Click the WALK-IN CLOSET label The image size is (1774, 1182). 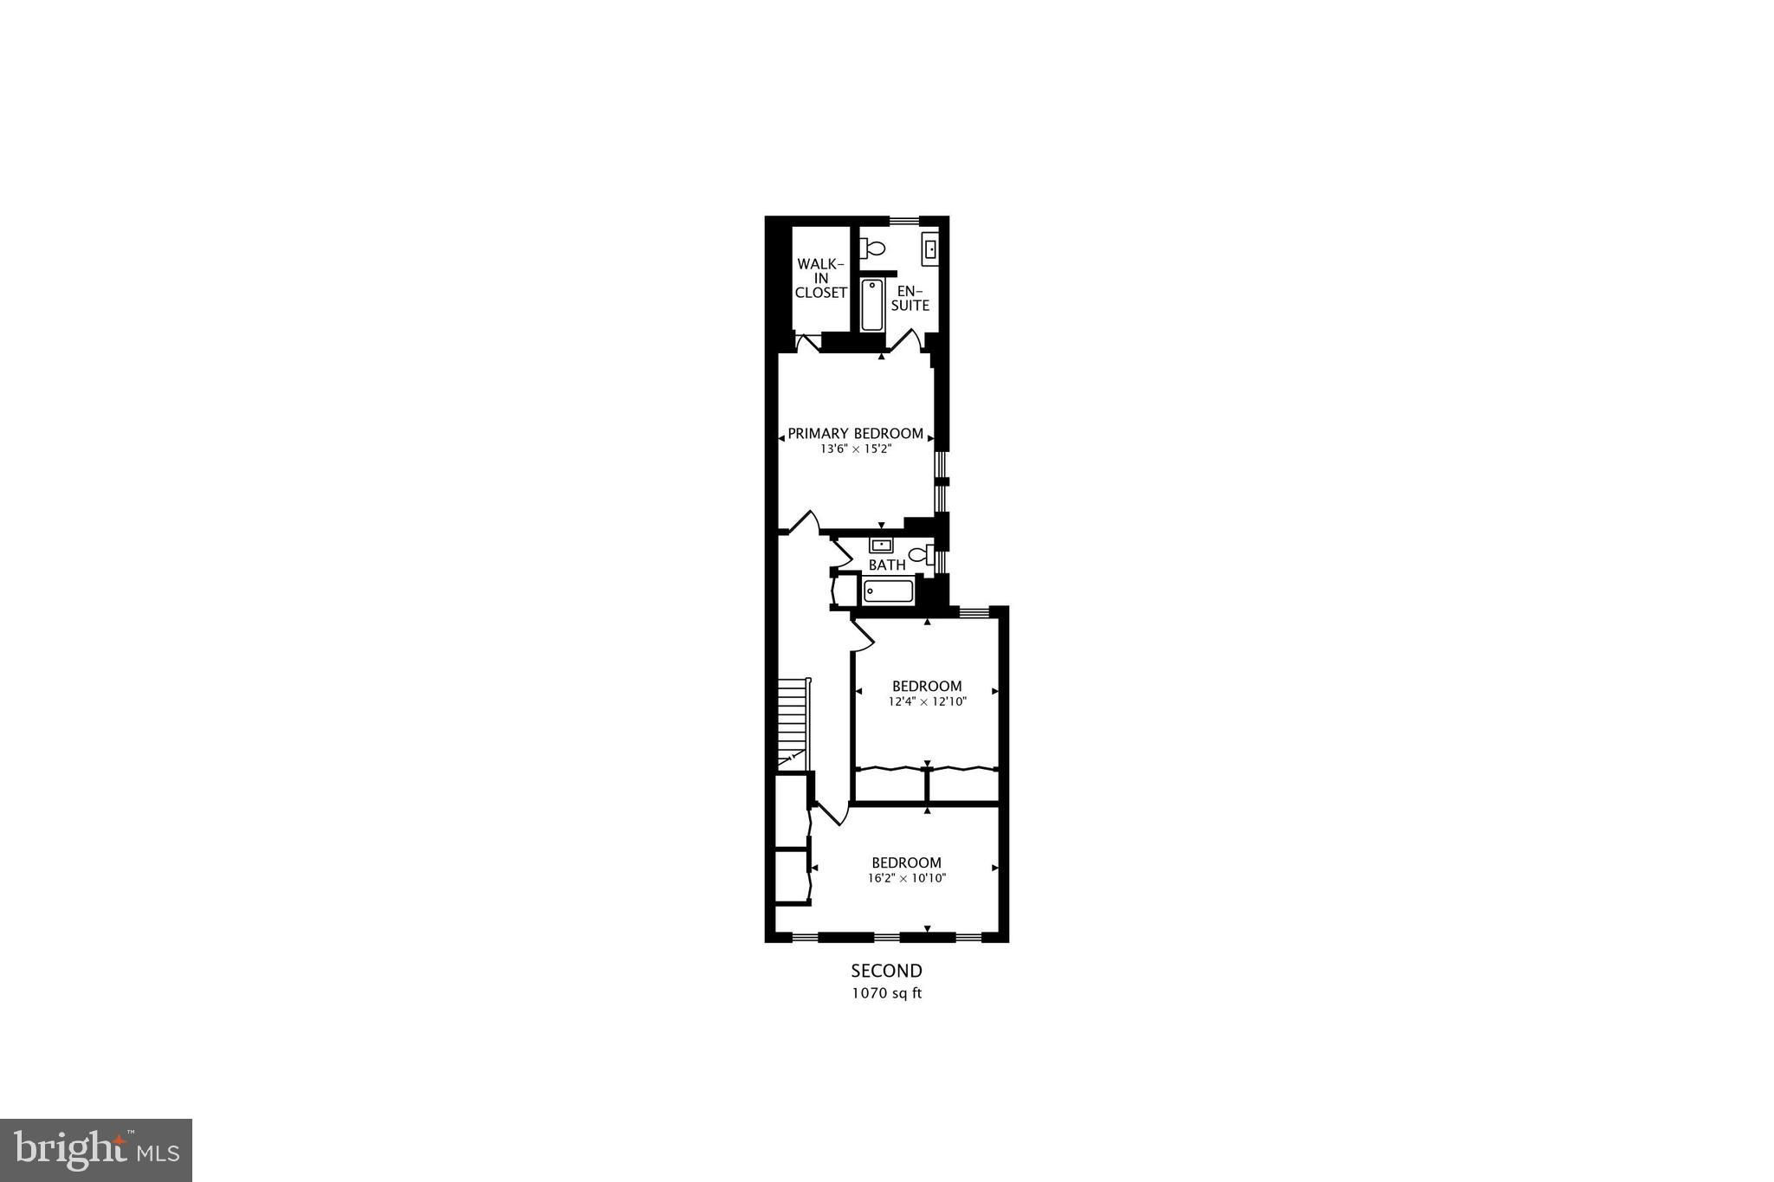(820, 278)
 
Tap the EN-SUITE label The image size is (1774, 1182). (912, 298)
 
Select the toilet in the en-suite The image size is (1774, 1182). (872, 249)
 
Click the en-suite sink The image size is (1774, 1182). (930, 249)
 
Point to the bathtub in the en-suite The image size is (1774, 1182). (872, 304)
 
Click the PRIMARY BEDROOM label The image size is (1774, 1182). (855, 434)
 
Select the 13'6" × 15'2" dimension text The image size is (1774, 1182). (855, 450)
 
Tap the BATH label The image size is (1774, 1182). (887, 565)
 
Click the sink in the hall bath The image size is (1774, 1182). (881, 546)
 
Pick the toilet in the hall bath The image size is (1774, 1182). (921, 554)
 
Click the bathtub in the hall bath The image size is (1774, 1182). (888, 591)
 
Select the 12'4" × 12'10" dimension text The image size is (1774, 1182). (927, 702)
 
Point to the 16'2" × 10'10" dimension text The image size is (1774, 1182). (906, 879)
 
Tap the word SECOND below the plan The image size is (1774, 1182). (886, 971)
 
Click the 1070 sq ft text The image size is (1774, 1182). (886, 994)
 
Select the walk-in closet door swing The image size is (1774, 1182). (807, 343)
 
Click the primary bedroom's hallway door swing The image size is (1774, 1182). (801, 522)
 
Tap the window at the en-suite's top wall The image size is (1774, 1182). (903, 220)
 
